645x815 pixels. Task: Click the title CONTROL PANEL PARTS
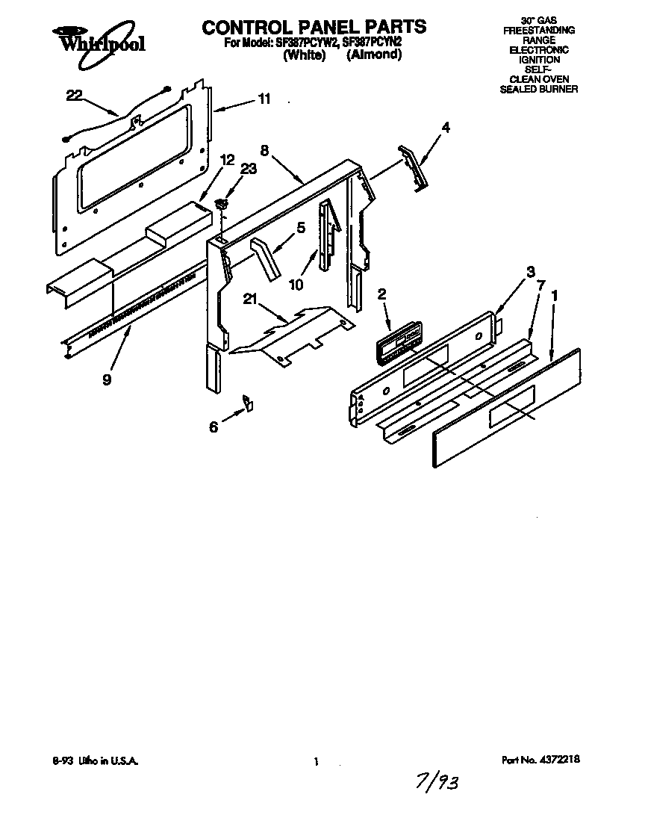pyautogui.click(x=314, y=27)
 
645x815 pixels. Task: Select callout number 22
pyautogui.click(x=75, y=95)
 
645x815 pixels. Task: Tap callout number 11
pyautogui.click(x=264, y=99)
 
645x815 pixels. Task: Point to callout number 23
pyautogui.click(x=248, y=169)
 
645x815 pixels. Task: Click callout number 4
pyautogui.click(x=446, y=127)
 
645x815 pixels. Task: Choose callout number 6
pyautogui.click(x=214, y=427)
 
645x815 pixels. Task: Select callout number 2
pyautogui.click(x=381, y=295)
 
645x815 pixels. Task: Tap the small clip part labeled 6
pyautogui.click(x=247, y=404)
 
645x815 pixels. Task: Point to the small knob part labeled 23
pyautogui.click(x=221, y=203)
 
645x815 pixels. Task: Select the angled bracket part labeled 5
pyautogui.click(x=266, y=258)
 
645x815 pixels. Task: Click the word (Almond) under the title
pyautogui.click(x=374, y=55)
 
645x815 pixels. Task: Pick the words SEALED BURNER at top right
pyautogui.click(x=537, y=89)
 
